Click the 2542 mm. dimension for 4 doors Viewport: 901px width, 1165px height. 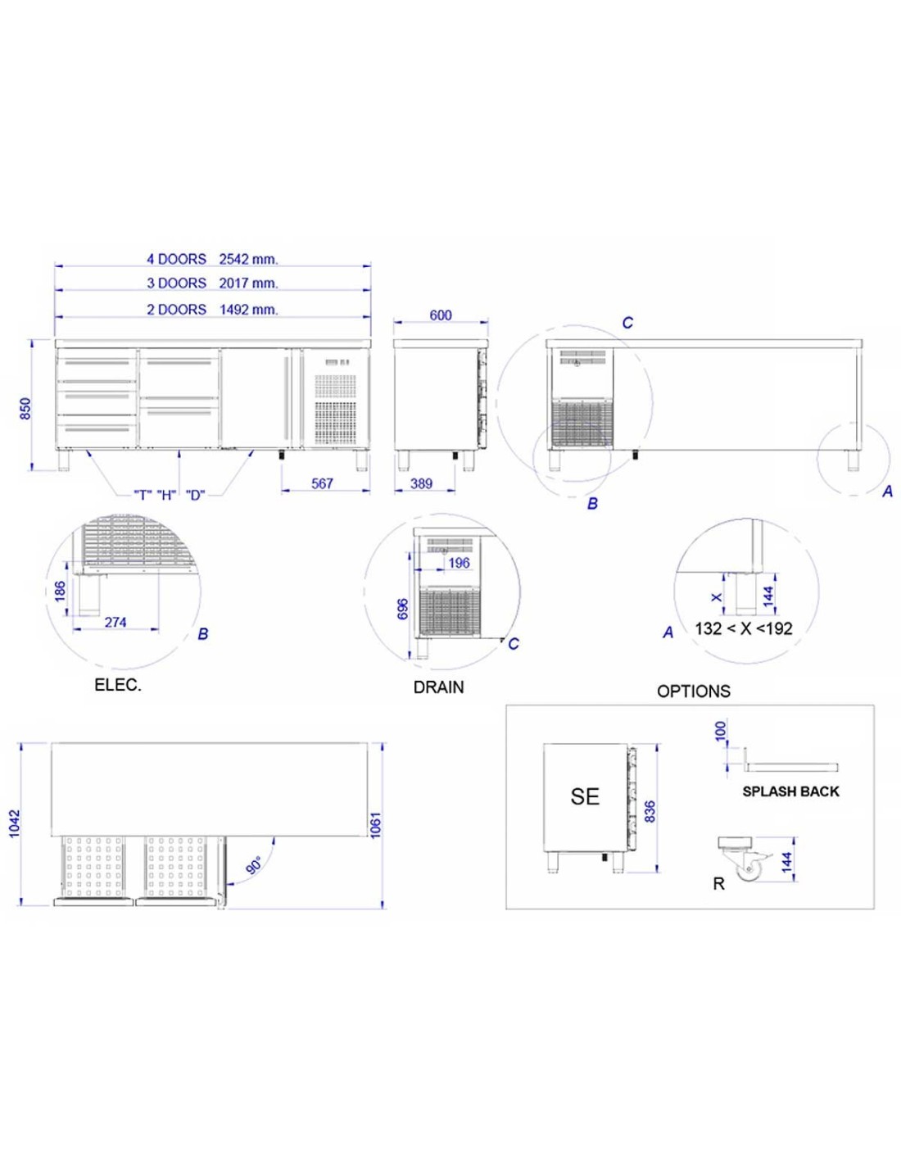[249, 259]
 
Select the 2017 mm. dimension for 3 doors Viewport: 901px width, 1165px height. [249, 283]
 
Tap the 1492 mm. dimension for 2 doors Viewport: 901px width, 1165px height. [249, 310]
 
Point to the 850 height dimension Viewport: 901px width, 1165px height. [25, 409]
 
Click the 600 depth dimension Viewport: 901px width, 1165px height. [440, 315]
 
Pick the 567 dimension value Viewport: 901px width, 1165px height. [322, 483]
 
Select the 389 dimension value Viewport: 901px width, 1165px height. [421, 483]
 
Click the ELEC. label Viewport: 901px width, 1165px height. [118, 686]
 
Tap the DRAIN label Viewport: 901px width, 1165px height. [438, 688]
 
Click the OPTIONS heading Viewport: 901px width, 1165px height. [694, 691]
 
